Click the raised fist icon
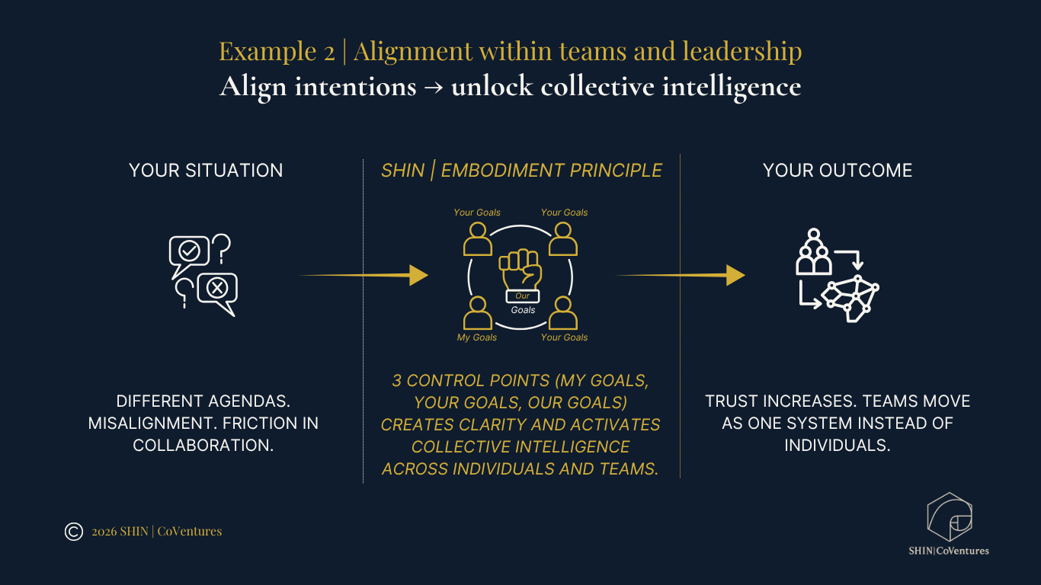[x=521, y=267]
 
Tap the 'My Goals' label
[x=477, y=337]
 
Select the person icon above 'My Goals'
[x=478, y=313]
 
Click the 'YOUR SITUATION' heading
[x=206, y=171]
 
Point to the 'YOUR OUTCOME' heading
[x=838, y=171]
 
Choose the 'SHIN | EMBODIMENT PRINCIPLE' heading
[x=521, y=171]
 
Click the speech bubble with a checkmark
[x=188, y=251]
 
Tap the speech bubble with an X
[x=217, y=288]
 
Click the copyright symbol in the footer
[x=74, y=532]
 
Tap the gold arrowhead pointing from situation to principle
[x=418, y=275]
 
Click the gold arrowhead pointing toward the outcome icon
[x=735, y=275]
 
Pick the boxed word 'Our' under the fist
[x=522, y=296]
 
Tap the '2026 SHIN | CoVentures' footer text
[x=156, y=532]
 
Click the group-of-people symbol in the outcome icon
[x=813, y=253]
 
